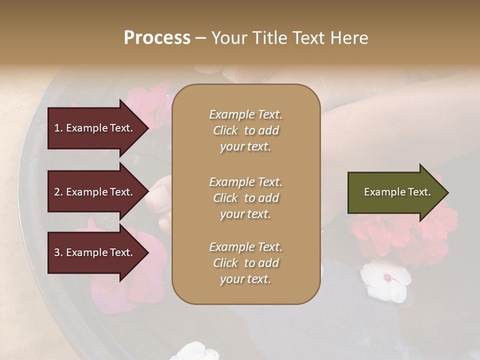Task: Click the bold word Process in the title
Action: click(157, 38)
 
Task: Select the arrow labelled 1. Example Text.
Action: click(95, 128)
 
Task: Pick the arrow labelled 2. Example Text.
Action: click(95, 192)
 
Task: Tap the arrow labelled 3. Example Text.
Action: click(95, 252)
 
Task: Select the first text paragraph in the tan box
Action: click(245, 130)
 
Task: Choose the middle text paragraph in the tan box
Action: click(245, 197)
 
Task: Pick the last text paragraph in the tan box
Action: click(245, 263)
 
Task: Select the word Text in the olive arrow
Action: click(419, 192)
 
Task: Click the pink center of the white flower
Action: click(387, 277)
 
